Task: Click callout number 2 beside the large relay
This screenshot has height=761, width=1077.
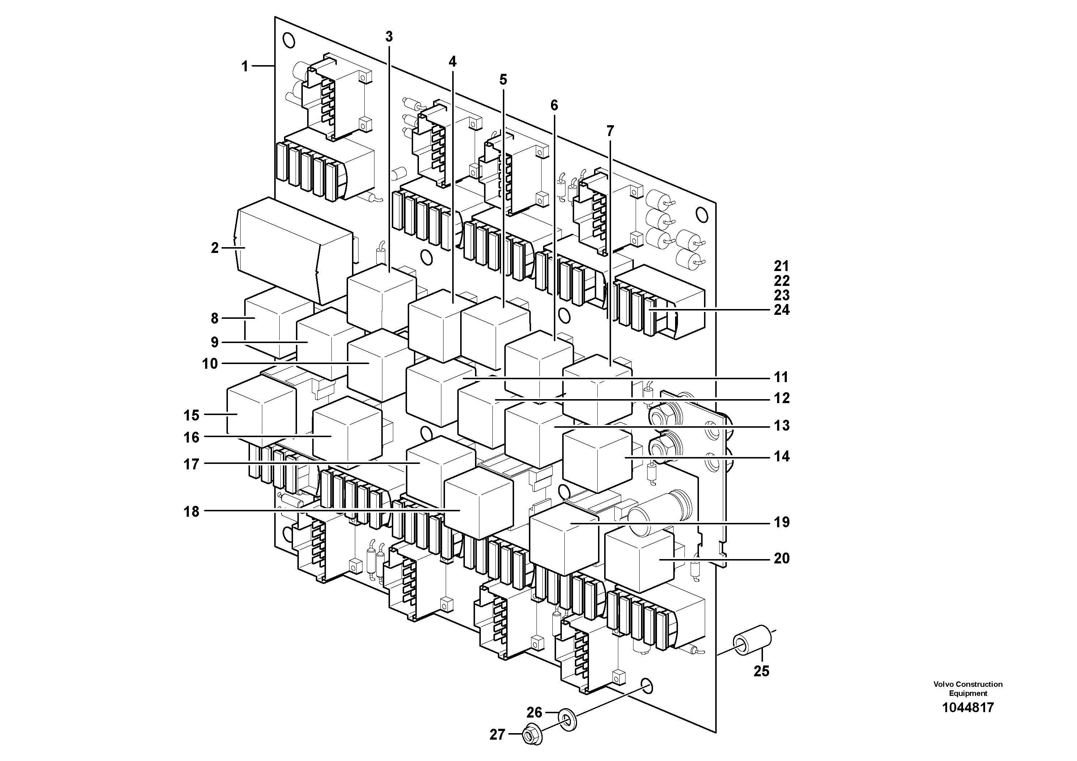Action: [215, 248]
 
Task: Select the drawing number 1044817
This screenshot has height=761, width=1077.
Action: [968, 707]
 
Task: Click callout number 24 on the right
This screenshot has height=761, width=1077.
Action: [781, 310]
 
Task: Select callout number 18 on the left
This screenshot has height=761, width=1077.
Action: [191, 511]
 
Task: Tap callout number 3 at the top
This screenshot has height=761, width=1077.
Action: [389, 37]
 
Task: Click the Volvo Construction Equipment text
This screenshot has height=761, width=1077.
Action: [968, 689]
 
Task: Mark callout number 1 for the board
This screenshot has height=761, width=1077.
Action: [245, 66]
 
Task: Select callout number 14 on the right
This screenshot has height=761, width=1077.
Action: [781, 456]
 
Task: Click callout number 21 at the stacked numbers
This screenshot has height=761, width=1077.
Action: [781, 266]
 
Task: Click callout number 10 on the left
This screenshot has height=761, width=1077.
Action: [210, 364]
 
